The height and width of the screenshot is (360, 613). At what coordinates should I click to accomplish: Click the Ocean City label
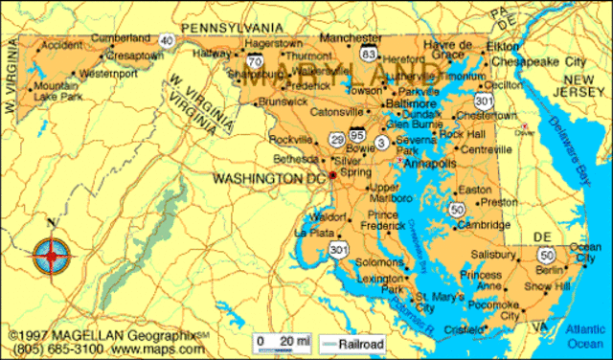click(x=585, y=253)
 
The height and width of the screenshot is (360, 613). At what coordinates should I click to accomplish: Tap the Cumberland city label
click(x=121, y=37)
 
